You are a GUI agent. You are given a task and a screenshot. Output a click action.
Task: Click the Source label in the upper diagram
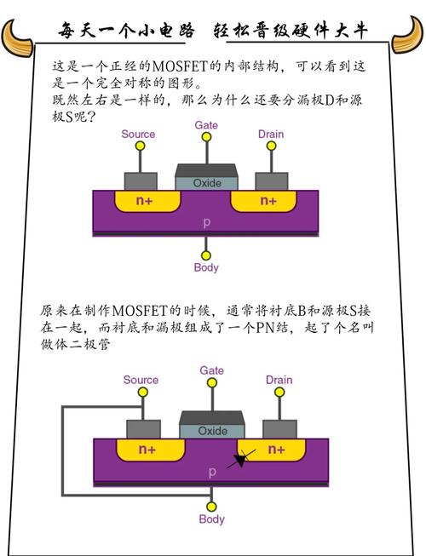pyautogui.click(x=138, y=135)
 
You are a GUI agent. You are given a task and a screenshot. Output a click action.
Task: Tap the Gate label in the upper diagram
pyautogui.click(x=206, y=124)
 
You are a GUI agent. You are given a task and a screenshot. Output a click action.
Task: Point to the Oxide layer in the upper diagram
pyautogui.click(x=206, y=183)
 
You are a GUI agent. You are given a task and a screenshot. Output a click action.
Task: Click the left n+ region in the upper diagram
pyautogui.click(x=145, y=201)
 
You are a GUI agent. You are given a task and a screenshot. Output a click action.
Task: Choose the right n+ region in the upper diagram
pyautogui.click(x=267, y=201)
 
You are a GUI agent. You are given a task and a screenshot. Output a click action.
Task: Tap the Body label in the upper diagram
pyautogui.click(x=206, y=267)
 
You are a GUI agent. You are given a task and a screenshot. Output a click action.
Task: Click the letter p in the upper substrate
pyautogui.click(x=206, y=222)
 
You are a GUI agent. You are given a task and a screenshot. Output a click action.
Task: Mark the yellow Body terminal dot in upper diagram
pyautogui.click(x=206, y=254)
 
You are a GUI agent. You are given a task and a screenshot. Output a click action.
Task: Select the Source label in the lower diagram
pyautogui.click(x=141, y=380)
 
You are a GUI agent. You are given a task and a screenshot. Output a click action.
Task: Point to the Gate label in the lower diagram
pyautogui.click(x=211, y=370)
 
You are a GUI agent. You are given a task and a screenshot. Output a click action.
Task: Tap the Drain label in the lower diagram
pyautogui.click(x=279, y=380)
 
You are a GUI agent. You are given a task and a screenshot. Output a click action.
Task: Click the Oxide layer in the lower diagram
pyautogui.click(x=212, y=431)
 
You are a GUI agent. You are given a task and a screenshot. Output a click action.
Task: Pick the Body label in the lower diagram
pyautogui.click(x=211, y=519)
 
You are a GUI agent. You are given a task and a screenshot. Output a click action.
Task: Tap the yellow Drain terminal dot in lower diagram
pyautogui.click(x=279, y=393)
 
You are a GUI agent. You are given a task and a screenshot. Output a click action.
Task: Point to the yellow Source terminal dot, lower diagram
pyautogui.click(x=141, y=393)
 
